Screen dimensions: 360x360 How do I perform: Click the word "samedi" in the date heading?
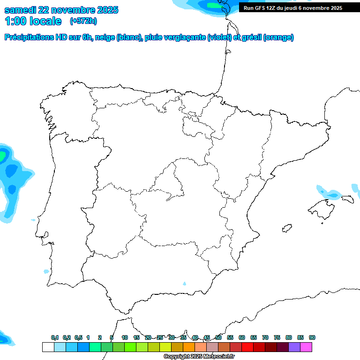pyautogui.click(x=20, y=10)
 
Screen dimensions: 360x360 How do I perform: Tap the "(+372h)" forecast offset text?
pyautogui.click(x=83, y=21)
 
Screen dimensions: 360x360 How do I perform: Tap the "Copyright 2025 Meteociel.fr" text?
pyautogui.click(x=199, y=357)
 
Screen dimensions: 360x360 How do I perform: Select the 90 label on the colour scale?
pyautogui.click(x=312, y=337)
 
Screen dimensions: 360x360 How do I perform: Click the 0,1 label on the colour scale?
pyautogui.click(x=55, y=337)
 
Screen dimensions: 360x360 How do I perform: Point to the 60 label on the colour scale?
pyautogui.click(x=242, y=337)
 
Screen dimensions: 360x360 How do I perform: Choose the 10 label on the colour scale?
pyautogui.click(x=125, y=337)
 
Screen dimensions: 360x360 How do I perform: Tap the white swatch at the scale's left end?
pyautogui.click(x=48, y=347)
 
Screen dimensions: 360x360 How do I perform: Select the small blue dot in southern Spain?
pyautogui.click(x=184, y=284)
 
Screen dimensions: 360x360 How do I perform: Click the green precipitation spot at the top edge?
pyautogui.click(x=213, y=5)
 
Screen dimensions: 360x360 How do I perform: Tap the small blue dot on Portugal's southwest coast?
pyautogui.click(x=46, y=271)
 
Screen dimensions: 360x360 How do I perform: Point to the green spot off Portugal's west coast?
pyautogui.click(x=3, y=154)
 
